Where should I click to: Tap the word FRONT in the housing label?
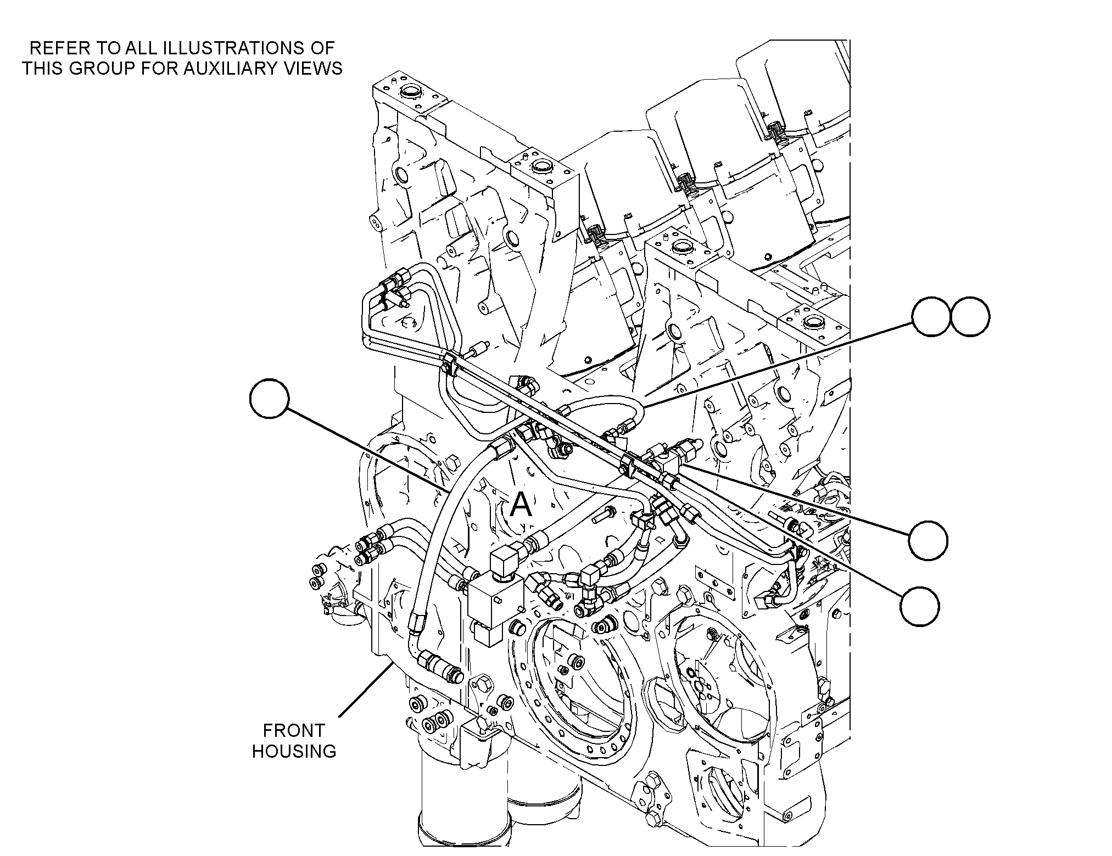294,730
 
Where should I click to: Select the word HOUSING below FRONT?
294,751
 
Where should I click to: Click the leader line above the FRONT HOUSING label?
364,690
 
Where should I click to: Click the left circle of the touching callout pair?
931,317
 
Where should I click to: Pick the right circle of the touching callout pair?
970,317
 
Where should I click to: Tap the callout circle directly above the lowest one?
928,540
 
